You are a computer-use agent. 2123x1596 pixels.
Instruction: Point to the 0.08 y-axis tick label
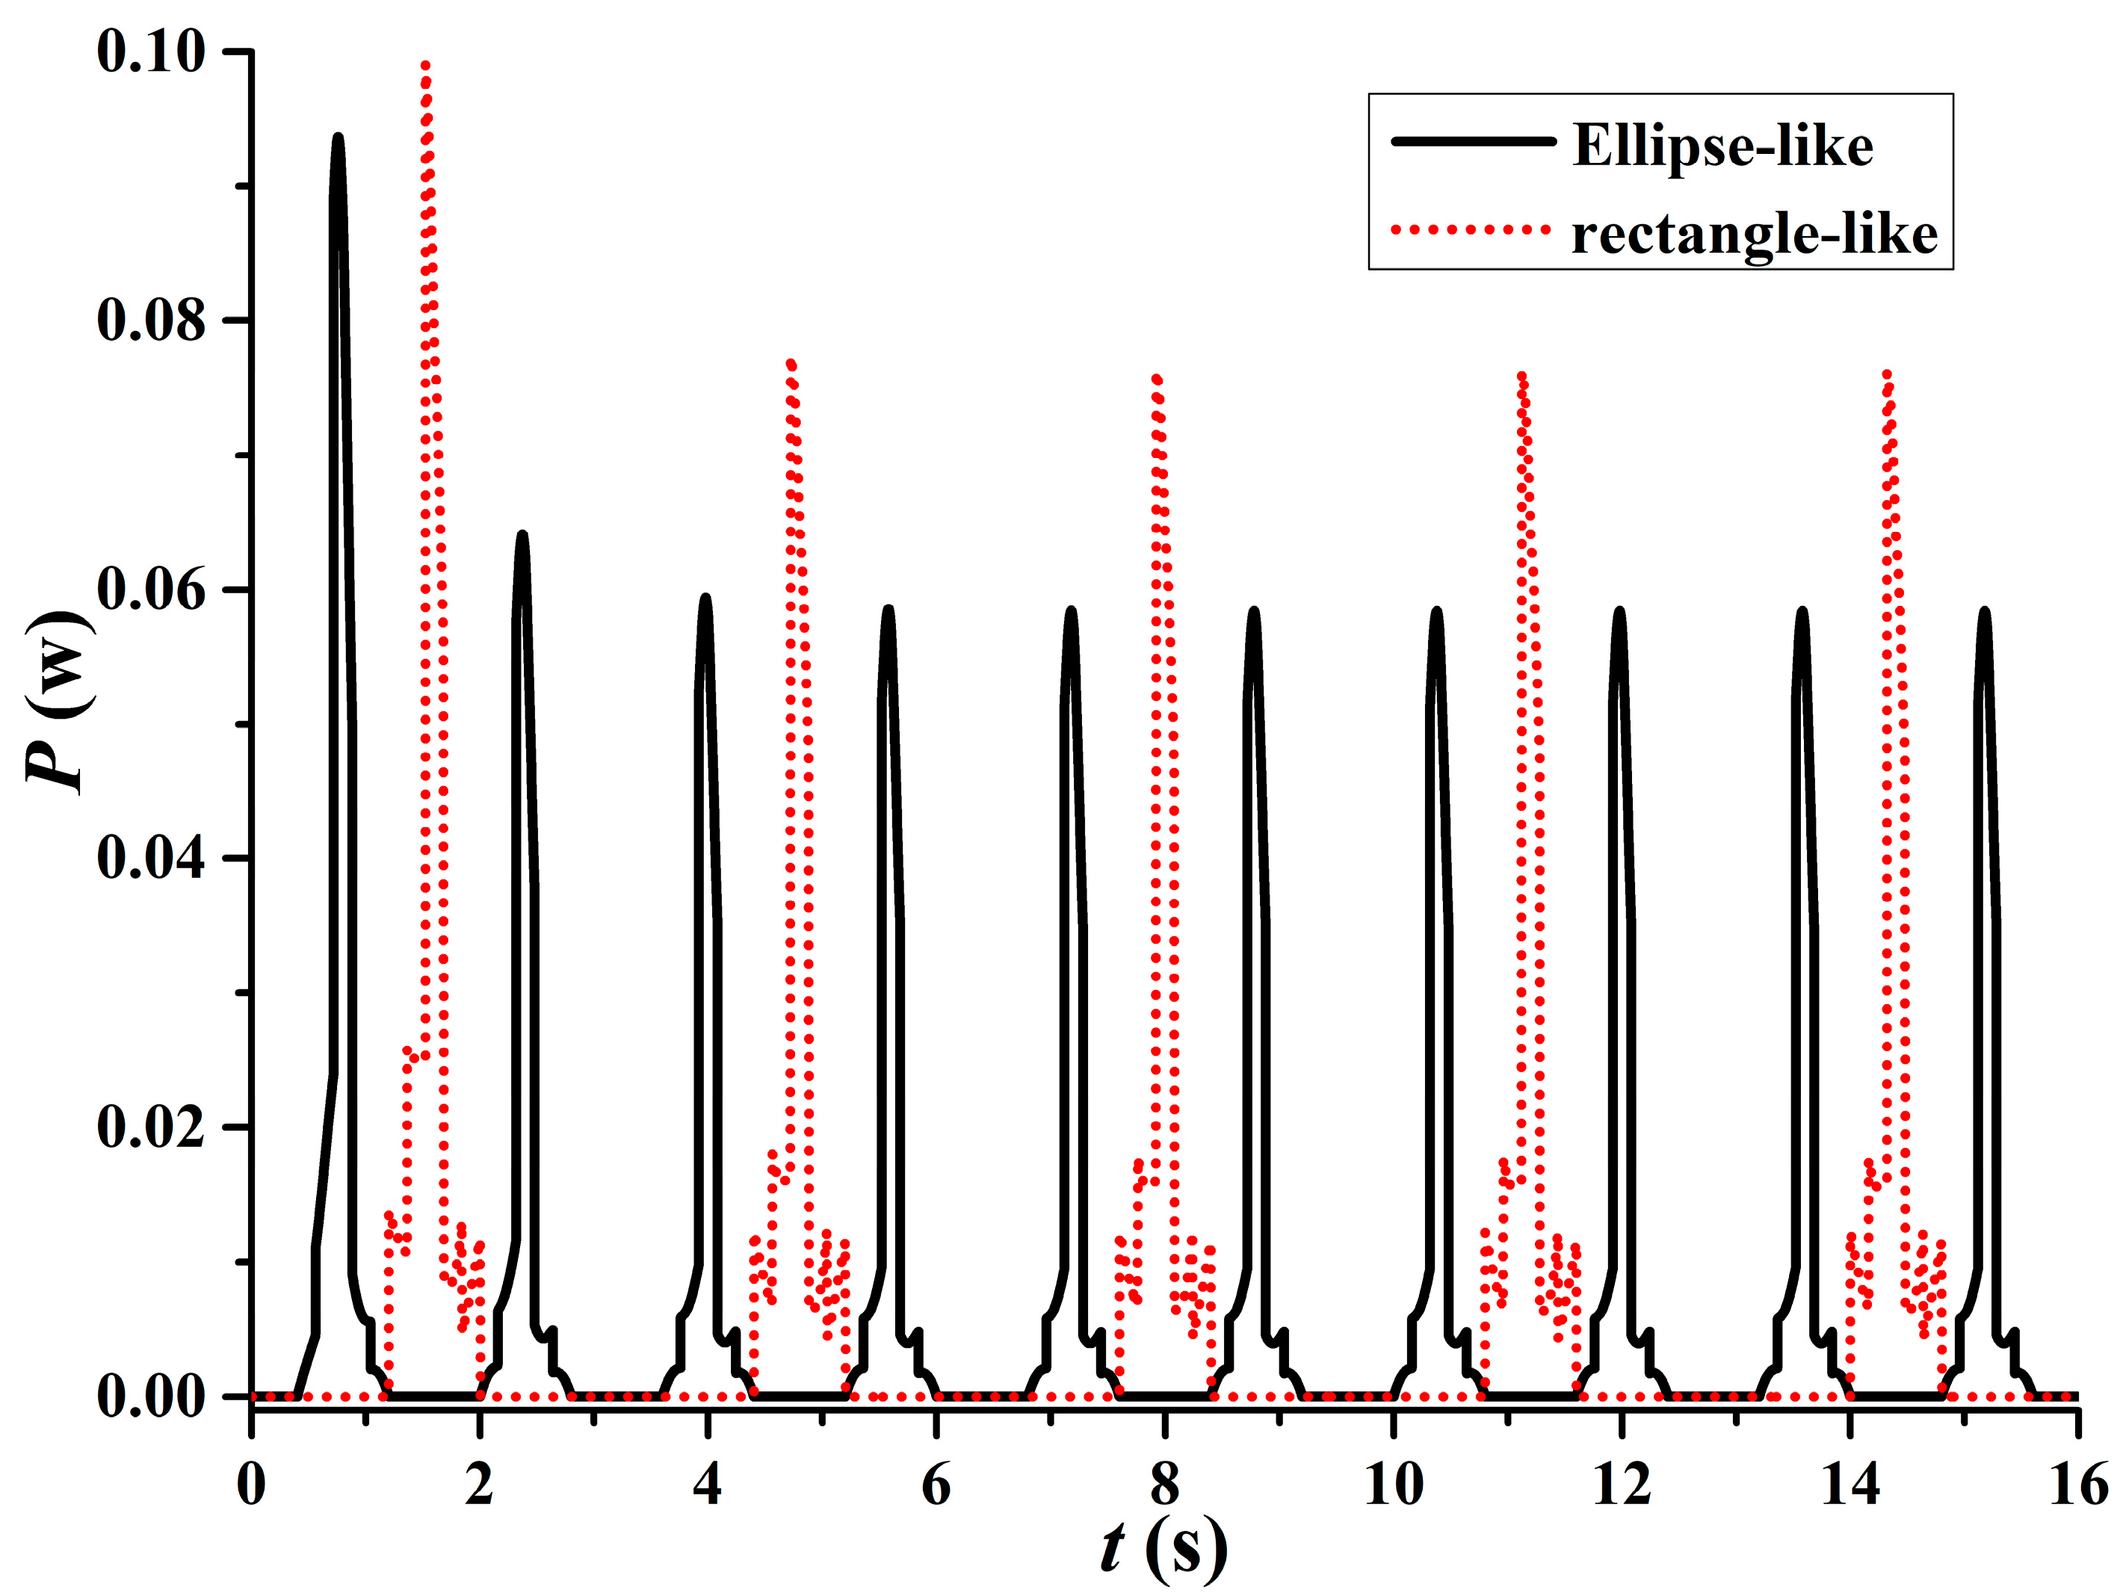(x=152, y=321)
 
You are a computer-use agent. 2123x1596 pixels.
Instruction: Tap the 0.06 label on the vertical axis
(x=152, y=590)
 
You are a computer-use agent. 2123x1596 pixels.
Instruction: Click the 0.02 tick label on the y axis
(x=152, y=1127)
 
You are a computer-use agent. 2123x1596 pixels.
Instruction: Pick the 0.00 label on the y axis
(x=152, y=1396)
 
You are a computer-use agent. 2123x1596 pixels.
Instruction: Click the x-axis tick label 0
(x=252, y=1485)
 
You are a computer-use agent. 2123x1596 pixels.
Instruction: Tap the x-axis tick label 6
(x=936, y=1485)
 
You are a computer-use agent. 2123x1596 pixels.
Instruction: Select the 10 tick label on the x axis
(x=1393, y=1485)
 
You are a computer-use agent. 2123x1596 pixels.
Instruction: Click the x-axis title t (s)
(x=1164, y=1547)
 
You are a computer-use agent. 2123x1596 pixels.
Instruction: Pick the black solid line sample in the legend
(x=1473, y=142)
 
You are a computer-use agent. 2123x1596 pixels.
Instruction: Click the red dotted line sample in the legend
(x=1473, y=230)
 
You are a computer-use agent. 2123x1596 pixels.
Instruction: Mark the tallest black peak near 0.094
(x=338, y=137)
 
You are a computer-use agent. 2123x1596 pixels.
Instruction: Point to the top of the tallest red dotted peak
(x=425, y=65)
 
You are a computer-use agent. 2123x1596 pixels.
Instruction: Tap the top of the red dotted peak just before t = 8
(x=1158, y=378)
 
